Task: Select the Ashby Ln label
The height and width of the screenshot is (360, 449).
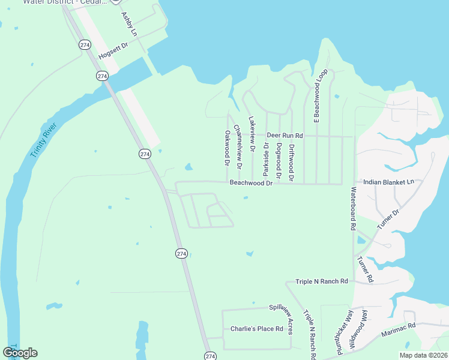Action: [129, 23]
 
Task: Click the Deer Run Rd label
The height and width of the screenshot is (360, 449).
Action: [285, 136]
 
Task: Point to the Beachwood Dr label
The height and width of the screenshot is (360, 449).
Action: [251, 182]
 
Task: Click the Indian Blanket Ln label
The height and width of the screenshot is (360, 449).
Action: [389, 182]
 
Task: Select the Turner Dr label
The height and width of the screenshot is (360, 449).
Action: [388, 219]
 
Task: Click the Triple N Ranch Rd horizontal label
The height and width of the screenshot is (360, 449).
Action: [322, 281]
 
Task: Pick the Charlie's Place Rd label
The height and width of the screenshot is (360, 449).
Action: [256, 329]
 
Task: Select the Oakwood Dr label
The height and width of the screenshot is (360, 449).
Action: [227, 148]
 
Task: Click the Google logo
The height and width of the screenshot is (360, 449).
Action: [20, 352]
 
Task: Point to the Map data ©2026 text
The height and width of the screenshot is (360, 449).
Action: [414, 355]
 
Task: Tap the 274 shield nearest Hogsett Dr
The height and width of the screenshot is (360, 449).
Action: [85, 44]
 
